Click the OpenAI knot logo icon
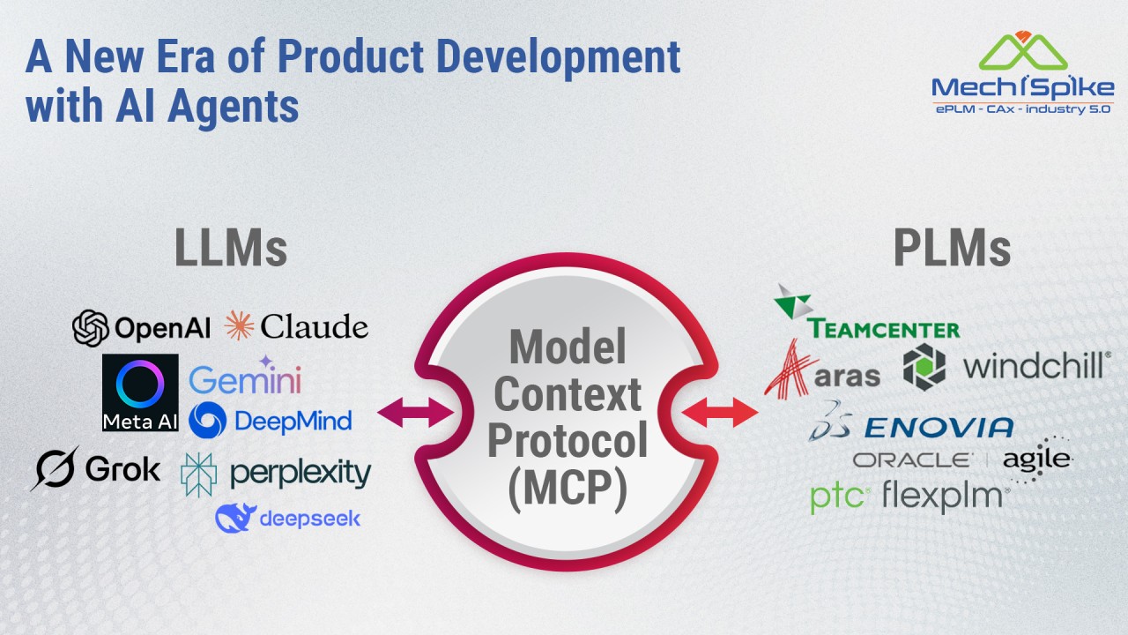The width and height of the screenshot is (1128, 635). [91, 328]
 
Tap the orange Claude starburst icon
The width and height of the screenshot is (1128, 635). [239, 325]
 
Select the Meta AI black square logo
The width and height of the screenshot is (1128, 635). [140, 392]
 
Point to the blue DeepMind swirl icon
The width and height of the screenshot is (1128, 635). [207, 420]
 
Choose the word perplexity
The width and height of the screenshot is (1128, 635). [301, 474]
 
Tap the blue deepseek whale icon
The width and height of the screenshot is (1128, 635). [235, 518]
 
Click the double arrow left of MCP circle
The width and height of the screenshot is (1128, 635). [415, 412]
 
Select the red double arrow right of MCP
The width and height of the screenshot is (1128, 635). [720, 412]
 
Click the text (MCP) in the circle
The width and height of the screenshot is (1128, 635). [568, 488]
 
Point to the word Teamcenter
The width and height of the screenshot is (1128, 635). [884, 329]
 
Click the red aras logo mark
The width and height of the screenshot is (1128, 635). [789, 370]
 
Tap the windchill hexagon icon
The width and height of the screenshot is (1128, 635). [924, 367]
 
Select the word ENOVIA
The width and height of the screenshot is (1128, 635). [939, 428]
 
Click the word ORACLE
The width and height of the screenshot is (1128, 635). [912, 460]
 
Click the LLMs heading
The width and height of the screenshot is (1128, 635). [231, 248]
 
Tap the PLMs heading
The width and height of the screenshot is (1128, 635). [953, 248]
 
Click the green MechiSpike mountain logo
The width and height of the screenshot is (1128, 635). [1023, 51]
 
